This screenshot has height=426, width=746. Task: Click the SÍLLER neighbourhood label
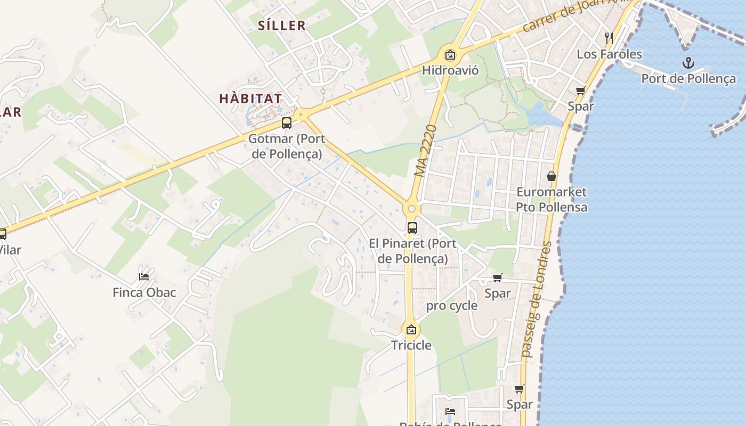coord(282,25)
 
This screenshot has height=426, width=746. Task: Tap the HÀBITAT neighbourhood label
coord(250,99)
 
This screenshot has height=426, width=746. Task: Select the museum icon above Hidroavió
coord(450,54)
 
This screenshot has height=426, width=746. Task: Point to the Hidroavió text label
coord(450,70)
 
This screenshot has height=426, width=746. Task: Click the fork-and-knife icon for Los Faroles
coord(610,38)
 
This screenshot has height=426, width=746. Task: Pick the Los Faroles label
coord(610,54)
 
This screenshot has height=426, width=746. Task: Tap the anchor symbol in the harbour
coord(688,63)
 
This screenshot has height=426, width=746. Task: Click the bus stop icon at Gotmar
coord(287,123)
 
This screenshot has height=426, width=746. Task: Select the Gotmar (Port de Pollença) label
coord(286,146)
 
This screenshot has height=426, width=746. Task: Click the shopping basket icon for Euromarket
coord(552,176)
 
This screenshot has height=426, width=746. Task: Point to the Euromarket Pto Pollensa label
coord(552,199)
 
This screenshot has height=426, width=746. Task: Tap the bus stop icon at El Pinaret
coord(412,228)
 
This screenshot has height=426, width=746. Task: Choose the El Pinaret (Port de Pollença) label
coord(413,251)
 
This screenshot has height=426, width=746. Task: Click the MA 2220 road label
coord(425,151)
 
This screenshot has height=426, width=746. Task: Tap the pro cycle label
coord(452,306)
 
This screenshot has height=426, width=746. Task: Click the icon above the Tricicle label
coord(411,330)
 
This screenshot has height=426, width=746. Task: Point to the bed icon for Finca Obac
coord(144,276)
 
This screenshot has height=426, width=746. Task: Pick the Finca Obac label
coord(144,292)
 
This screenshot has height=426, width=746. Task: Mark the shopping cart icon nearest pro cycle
coord(498,277)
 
